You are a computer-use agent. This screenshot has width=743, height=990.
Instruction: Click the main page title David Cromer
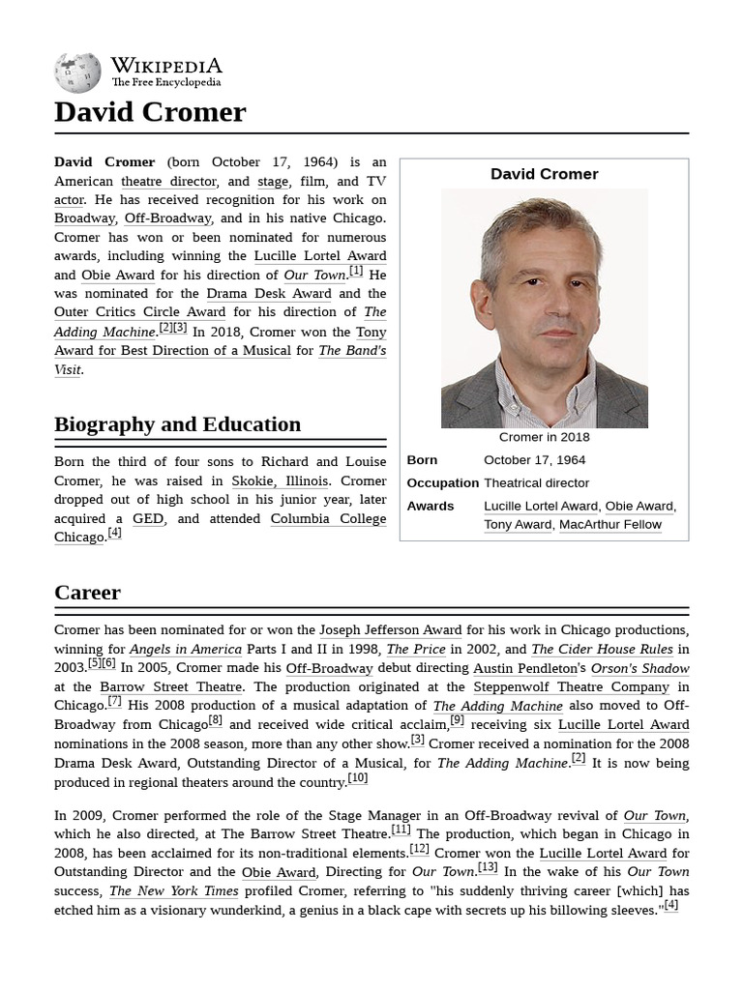[150, 112]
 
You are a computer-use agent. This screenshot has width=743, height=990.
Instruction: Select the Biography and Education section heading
[177, 424]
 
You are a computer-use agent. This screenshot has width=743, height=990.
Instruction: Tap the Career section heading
[87, 593]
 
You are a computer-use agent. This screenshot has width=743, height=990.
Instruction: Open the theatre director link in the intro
[169, 181]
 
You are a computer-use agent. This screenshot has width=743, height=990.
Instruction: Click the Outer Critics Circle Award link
[140, 312]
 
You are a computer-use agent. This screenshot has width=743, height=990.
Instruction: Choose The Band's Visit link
[351, 350]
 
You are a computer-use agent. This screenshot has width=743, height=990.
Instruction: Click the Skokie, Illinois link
[281, 480]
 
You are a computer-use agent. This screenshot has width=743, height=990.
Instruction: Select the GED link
[148, 518]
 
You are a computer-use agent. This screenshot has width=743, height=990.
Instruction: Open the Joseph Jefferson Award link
[390, 630]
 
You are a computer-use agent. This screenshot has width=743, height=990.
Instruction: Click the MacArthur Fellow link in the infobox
[610, 524]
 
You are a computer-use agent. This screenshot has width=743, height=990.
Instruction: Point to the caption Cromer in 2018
[544, 438]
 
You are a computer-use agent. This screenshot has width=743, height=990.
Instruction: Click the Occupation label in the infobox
[442, 482]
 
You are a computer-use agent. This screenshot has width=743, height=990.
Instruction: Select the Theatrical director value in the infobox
[536, 482]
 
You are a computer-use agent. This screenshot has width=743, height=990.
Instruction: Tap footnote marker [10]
[357, 778]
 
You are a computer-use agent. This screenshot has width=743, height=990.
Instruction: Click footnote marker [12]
[419, 849]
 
